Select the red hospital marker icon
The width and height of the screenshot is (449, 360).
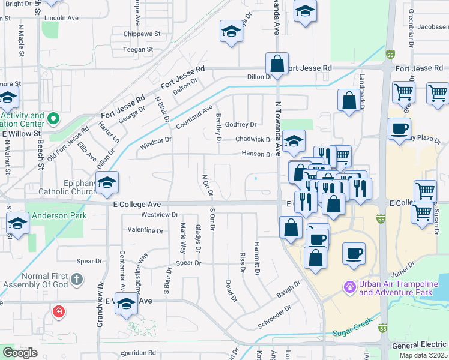(59, 311)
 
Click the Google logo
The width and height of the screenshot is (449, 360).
(20, 353)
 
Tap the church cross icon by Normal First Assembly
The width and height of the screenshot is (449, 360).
(76, 279)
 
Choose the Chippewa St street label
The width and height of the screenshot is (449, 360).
(142, 34)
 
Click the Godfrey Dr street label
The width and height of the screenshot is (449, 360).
(241, 125)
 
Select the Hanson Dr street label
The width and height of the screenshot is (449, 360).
(257, 154)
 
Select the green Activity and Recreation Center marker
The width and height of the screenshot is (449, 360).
(53, 119)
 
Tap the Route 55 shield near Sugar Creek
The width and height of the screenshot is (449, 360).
(383, 328)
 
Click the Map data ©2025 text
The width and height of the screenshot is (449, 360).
(423, 355)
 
